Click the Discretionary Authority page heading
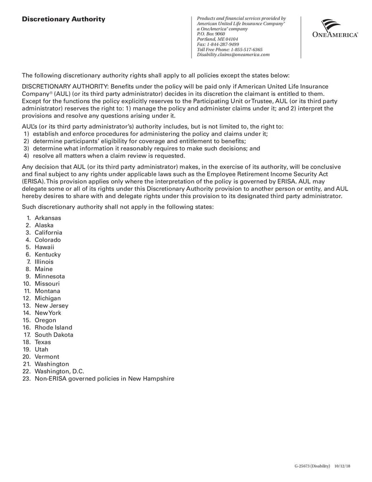click(64, 19)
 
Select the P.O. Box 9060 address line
click(211, 34)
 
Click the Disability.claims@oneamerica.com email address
click(233, 54)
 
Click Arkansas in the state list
click(47, 218)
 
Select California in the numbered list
click(48, 232)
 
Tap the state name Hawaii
click(44, 247)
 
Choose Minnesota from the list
click(50, 276)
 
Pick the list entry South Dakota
click(53, 335)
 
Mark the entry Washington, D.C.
click(60, 371)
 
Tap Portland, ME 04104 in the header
click(217, 39)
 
